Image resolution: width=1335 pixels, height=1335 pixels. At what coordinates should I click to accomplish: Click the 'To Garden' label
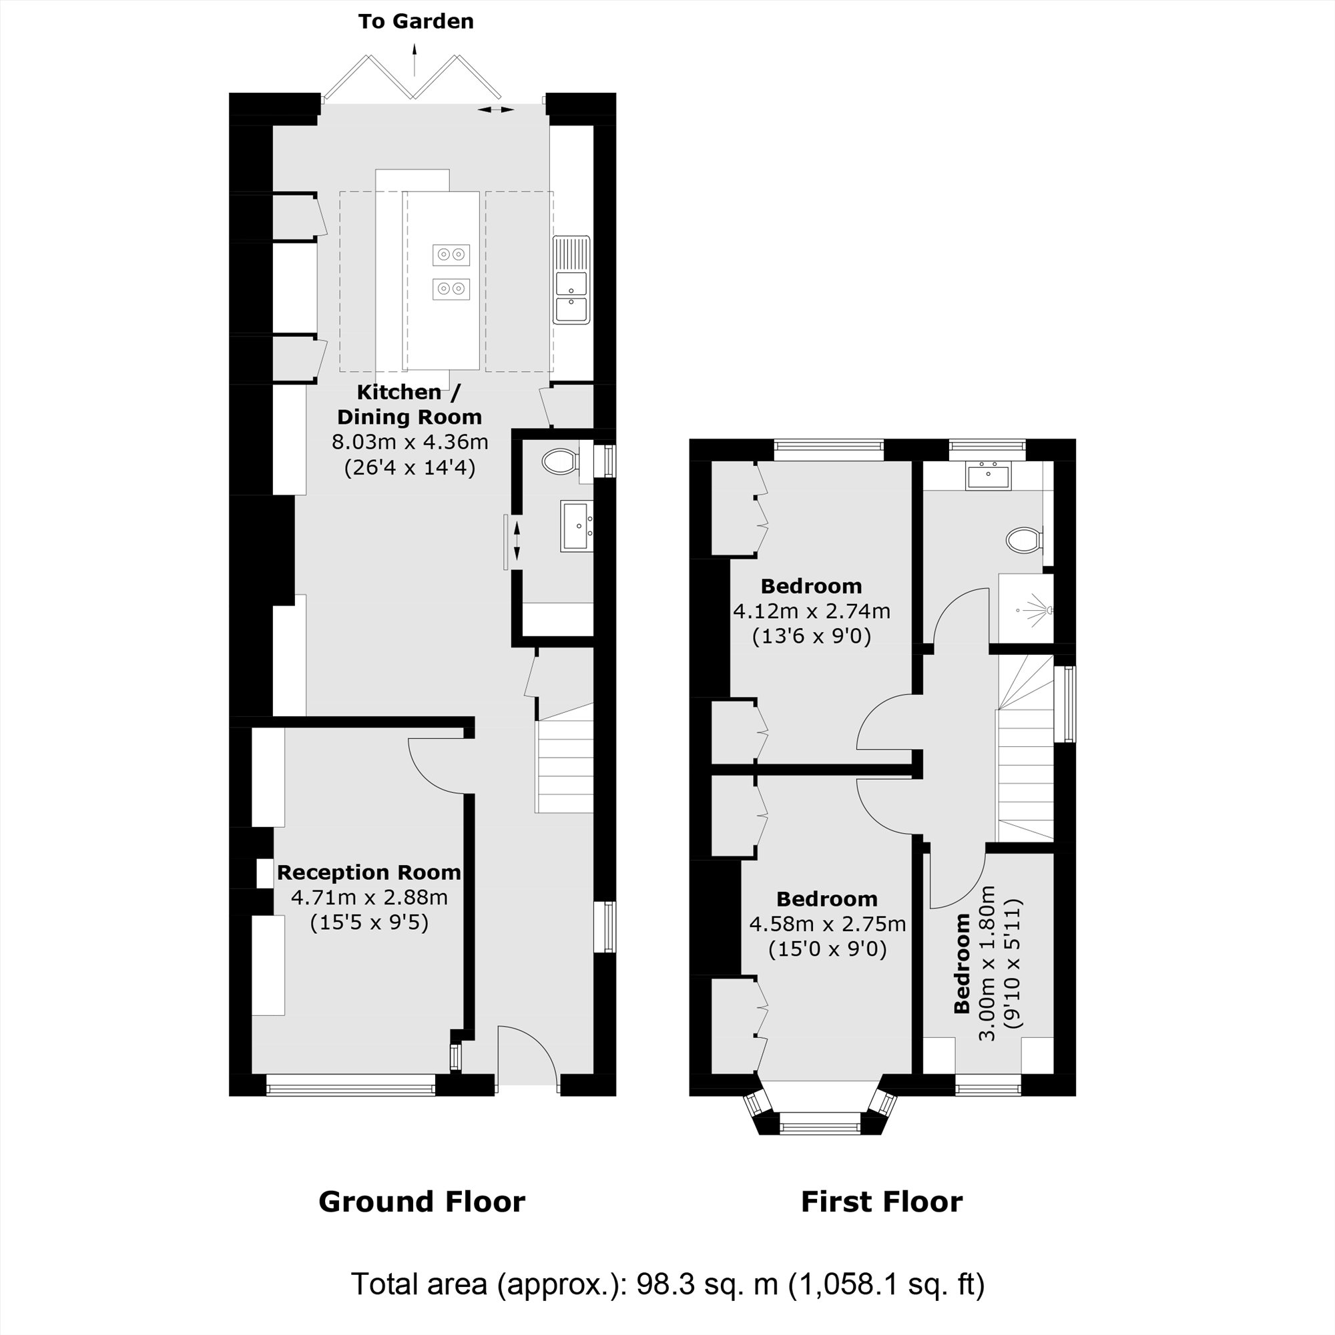(415, 21)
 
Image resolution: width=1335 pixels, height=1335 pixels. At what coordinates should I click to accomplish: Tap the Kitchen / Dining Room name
(409, 405)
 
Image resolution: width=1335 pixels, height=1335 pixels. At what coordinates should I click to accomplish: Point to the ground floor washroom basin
(576, 527)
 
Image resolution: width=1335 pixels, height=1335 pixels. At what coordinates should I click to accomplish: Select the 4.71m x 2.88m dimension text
(369, 898)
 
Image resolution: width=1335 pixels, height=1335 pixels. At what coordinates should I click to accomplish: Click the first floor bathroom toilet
(1023, 539)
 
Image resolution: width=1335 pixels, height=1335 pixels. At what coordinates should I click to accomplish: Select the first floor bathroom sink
(988, 477)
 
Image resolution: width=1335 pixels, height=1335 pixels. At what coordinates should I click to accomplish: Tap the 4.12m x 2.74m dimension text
(811, 611)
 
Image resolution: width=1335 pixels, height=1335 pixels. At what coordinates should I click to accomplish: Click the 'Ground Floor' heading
(421, 1201)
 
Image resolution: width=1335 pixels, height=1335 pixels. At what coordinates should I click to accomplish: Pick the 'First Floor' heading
(881, 1201)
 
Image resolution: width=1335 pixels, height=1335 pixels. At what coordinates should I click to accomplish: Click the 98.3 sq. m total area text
(667, 1284)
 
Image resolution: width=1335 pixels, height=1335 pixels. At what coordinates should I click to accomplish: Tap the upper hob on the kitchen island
(451, 255)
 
